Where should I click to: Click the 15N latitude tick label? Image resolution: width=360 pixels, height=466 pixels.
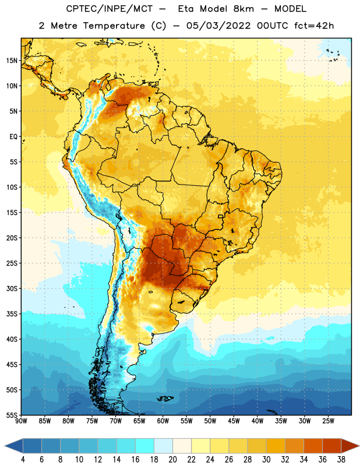(12, 61)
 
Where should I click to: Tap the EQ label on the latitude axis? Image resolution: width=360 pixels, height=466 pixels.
(13, 137)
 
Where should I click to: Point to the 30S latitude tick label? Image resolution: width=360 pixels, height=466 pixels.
(12, 288)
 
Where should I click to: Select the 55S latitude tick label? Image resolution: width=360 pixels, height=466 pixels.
(12, 415)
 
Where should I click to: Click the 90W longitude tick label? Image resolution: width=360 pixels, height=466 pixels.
(21, 421)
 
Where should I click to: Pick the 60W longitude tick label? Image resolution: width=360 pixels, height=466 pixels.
(163, 421)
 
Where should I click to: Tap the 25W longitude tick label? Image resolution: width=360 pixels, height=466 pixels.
(328, 421)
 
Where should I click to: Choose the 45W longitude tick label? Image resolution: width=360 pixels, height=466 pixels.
(234, 421)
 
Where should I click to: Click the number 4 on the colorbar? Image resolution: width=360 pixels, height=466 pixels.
(23, 460)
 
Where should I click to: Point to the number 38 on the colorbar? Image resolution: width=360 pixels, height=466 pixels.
(341, 460)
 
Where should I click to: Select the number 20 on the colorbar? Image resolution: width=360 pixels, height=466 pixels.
(172, 460)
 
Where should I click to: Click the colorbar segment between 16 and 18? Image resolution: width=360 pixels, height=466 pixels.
(145, 446)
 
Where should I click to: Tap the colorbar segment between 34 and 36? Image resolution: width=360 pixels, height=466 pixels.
(313, 446)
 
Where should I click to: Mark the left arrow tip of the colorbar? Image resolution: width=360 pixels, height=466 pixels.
(5, 446)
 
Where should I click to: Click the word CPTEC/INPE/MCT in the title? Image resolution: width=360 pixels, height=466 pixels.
(109, 9)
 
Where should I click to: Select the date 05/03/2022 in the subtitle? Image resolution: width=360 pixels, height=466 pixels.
(218, 26)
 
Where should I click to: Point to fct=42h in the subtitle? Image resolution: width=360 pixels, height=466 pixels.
(314, 26)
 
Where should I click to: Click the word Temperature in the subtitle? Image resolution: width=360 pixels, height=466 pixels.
(114, 26)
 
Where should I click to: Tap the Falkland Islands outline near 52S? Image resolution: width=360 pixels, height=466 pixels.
(165, 398)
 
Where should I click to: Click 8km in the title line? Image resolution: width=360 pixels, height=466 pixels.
(243, 9)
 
